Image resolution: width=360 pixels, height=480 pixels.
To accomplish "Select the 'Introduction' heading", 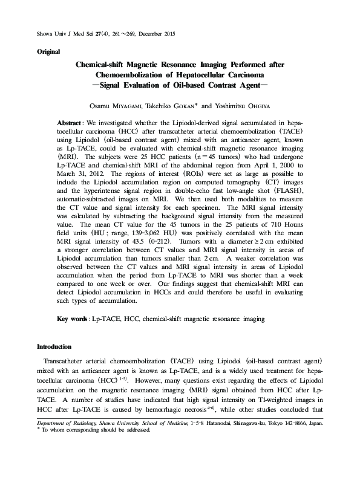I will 54,347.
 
